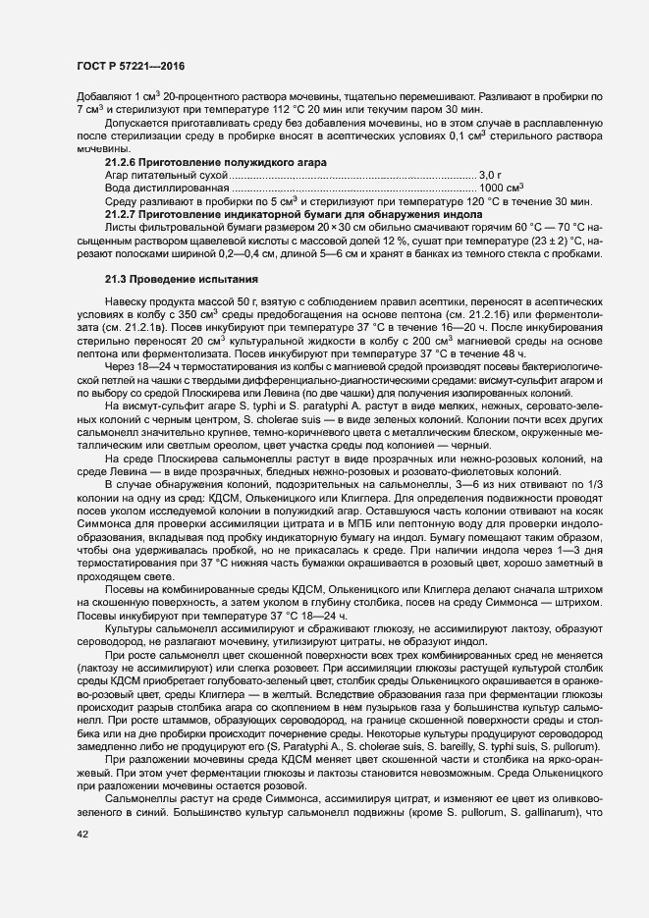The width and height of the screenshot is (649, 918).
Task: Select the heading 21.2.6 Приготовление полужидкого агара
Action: click(x=216, y=161)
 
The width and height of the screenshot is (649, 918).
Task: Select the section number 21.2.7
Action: click(x=122, y=213)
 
